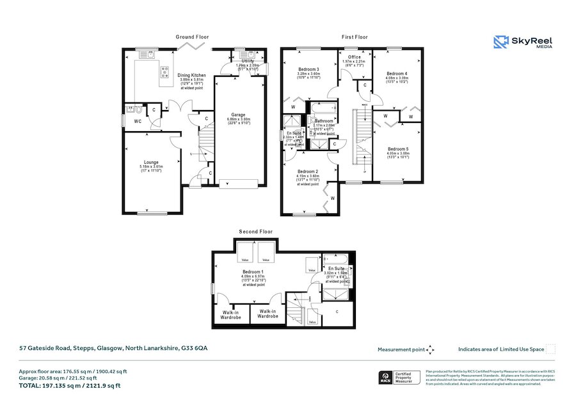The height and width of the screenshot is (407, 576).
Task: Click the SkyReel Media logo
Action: click(523, 42)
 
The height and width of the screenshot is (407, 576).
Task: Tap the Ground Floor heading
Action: click(192, 37)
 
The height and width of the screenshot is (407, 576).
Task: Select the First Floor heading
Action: click(354, 37)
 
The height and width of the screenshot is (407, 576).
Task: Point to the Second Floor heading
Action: click(256, 232)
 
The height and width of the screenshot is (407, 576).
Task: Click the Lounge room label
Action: click(151, 163)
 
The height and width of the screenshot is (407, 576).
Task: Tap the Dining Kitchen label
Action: click(191, 75)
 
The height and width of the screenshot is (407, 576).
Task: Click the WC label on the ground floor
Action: click(138, 121)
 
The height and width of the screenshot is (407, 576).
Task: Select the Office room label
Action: click(355, 57)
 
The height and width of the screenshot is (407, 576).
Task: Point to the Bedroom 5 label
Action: click(397, 148)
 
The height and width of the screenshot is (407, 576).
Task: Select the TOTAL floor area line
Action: click(70, 386)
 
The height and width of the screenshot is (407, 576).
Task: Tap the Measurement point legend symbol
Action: click(431, 349)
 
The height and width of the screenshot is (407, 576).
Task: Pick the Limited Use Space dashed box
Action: click(550, 349)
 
